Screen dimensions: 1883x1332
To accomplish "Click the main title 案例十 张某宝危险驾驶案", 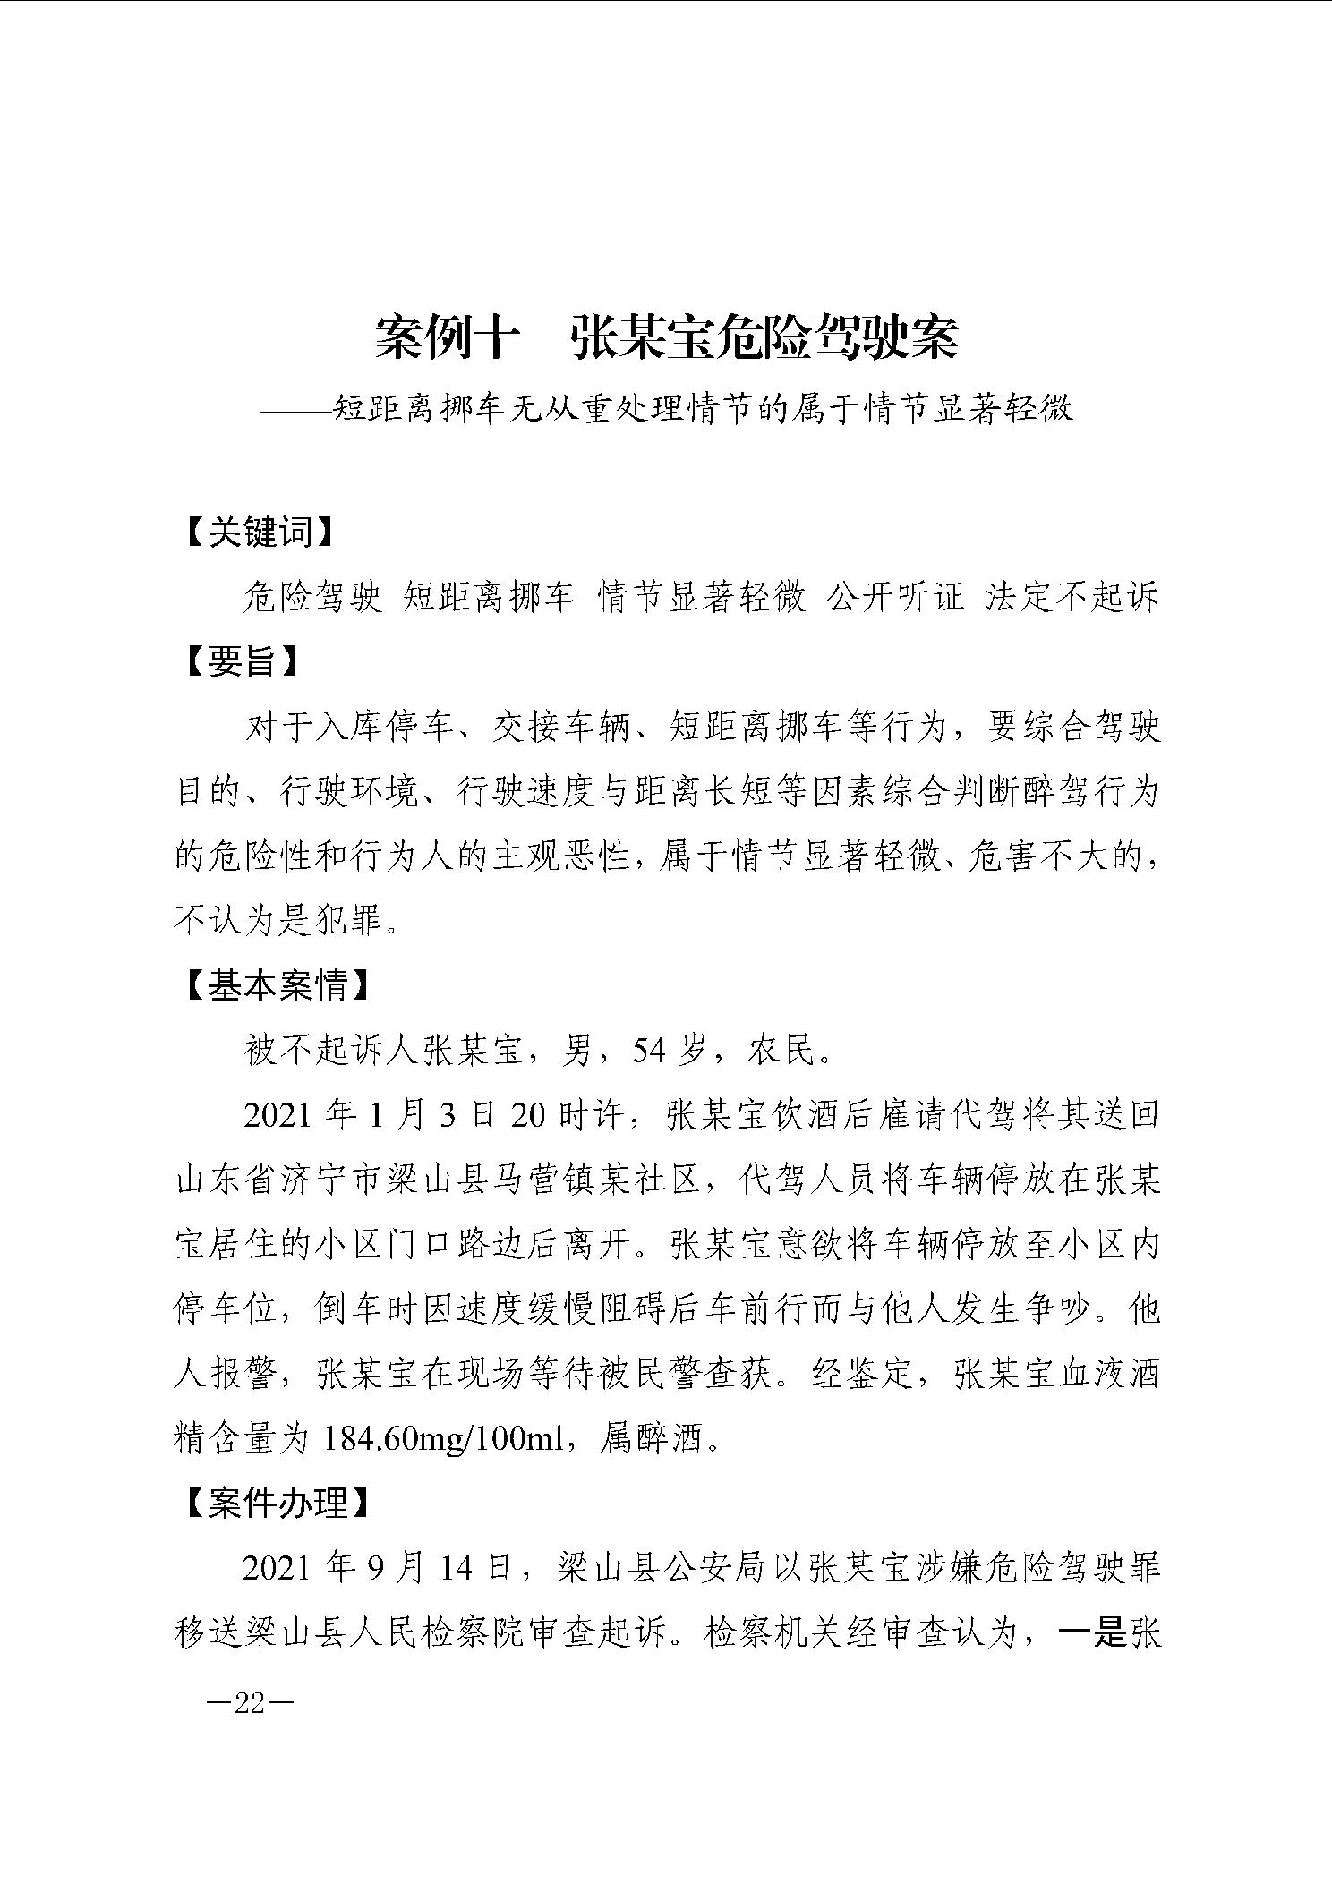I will [666, 338].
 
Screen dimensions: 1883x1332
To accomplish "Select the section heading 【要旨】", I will [242, 663].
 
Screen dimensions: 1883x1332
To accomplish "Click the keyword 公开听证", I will [895, 598].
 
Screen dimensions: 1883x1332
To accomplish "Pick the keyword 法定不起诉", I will [1072, 598].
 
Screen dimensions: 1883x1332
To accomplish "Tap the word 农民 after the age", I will [784, 1052].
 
